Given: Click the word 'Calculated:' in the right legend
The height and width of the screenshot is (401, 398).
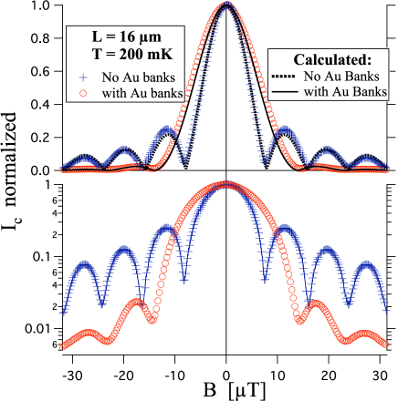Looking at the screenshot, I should (331, 58).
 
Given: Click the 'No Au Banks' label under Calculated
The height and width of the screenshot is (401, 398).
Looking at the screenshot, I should (343, 76).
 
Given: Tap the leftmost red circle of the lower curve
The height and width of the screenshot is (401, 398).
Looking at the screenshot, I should (62, 344).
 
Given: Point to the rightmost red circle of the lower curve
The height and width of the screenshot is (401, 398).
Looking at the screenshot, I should (391, 344).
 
